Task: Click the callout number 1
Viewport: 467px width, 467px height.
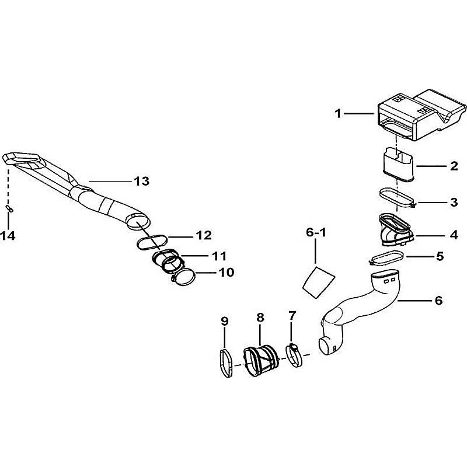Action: point(337,113)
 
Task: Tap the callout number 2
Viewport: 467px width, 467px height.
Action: point(453,166)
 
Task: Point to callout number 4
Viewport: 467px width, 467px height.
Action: point(453,236)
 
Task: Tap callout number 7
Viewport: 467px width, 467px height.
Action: point(292,316)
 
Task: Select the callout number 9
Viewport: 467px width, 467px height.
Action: point(225,320)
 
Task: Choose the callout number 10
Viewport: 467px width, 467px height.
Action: point(226,272)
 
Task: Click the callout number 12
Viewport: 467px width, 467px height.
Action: point(203,236)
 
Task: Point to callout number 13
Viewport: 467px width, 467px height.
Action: point(142,182)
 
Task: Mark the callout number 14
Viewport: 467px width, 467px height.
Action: point(10,236)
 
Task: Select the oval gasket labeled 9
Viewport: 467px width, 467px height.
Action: point(226,363)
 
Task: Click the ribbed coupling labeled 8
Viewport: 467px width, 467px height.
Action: point(259,359)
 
